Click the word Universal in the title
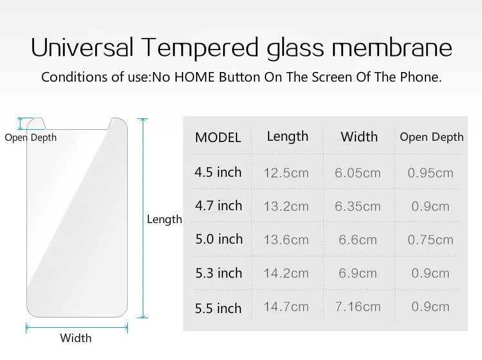click(82, 48)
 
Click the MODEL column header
click(218, 138)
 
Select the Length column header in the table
click(287, 136)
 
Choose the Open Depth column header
click(431, 137)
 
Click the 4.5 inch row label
click(219, 172)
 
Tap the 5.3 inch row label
click(219, 273)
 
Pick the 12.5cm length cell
click(286, 173)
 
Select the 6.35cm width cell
click(357, 206)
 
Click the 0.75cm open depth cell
click(431, 240)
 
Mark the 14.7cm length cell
click(286, 307)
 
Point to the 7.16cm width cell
click(357, 307)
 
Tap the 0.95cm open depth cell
click(431, 173)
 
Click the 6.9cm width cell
click(357, 273)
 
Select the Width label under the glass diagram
click(76, 338)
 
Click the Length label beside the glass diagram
click(165, 219)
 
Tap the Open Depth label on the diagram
click(31, 138)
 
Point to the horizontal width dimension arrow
click(76, 327)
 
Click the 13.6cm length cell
click(286, 240)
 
